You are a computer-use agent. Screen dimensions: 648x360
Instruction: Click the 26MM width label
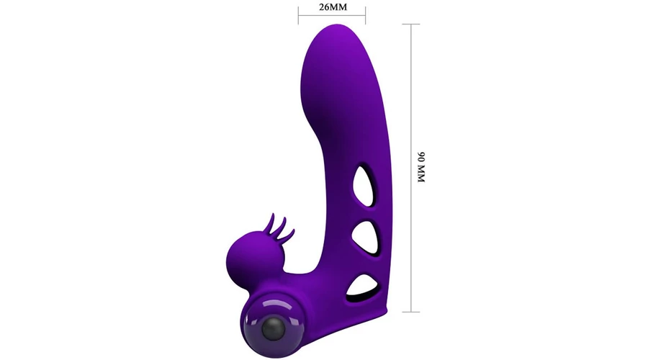[333, 7]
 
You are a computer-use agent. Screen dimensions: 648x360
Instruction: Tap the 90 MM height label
[421, 167]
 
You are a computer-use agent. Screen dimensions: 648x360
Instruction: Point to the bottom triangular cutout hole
[362, 286]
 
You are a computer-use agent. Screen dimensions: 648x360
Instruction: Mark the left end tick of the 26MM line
[298, 16]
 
